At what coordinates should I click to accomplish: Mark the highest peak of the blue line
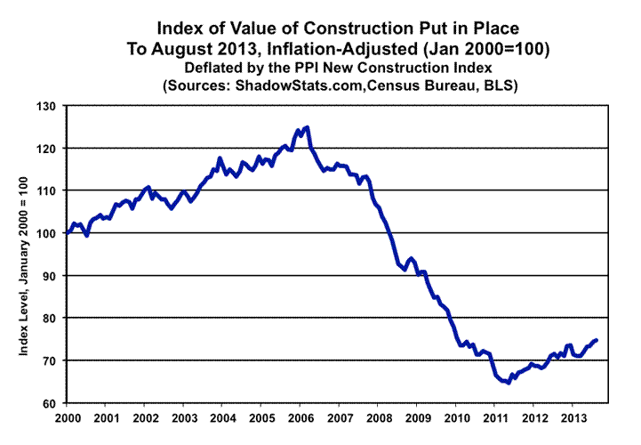click(307, 127)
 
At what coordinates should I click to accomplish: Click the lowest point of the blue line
click(507, 383)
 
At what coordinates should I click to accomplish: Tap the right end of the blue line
click(596, 340)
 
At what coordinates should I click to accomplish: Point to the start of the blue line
click(68, 233)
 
